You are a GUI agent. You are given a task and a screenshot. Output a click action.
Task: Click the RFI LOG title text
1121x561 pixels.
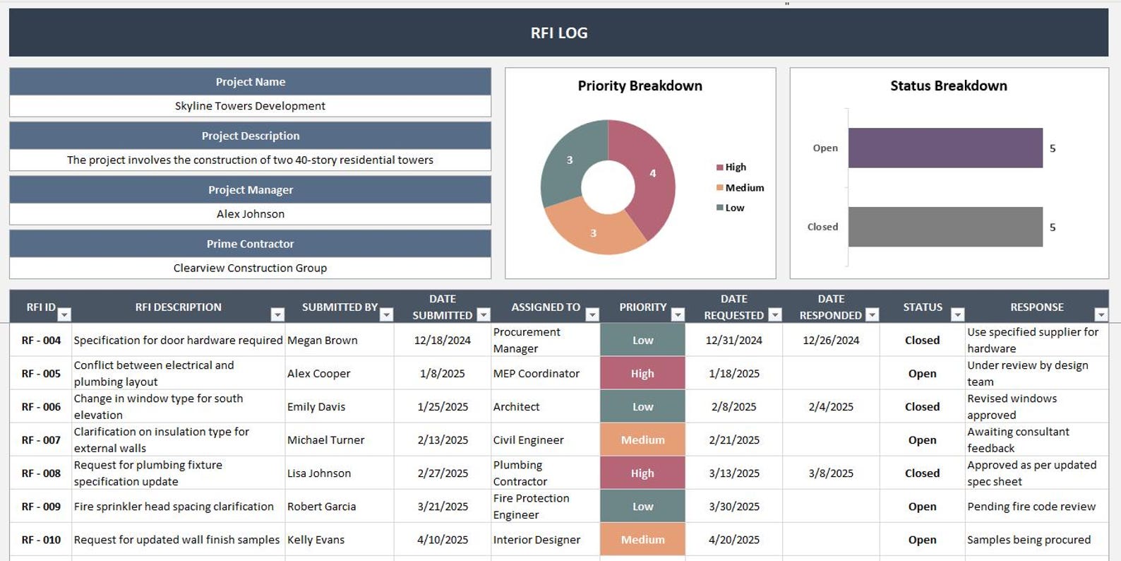pos(558,33)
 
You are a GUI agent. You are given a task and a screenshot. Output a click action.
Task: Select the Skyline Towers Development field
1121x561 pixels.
pos(250,106)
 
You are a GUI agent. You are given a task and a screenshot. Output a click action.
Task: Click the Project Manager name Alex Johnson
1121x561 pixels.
pos(250,214)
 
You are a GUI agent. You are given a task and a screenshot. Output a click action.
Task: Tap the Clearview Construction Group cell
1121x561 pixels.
pos(250,268)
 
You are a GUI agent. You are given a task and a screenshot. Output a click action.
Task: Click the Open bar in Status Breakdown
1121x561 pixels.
pos(945,148)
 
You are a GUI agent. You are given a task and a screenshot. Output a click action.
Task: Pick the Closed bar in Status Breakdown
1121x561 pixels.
pos(945,227)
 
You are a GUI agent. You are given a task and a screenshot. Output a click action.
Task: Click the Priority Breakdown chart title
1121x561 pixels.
pos(640,85)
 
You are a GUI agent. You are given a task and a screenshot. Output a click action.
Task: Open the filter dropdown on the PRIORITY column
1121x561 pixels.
pos(678,314)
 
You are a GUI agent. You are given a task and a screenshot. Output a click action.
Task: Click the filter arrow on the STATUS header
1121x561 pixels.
pos(957,314)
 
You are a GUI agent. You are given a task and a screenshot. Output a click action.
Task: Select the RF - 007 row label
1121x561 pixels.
pos(41,440)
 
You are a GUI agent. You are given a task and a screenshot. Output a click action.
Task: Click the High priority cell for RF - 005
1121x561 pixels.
pos(642,373)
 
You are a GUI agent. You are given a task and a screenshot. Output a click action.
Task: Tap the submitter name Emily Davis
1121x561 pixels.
pos(316,407)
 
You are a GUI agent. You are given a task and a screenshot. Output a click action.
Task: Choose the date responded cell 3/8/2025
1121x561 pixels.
pos(831,473)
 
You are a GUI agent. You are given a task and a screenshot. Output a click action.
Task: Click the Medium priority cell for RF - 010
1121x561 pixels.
pos(642,540)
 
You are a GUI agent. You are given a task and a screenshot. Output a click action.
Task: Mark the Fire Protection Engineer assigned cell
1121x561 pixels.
pos(531,507)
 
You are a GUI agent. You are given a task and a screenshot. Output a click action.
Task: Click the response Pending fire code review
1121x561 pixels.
pos(1031,507)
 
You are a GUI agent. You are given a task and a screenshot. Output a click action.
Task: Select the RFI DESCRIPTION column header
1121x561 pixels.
pos(178,307)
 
